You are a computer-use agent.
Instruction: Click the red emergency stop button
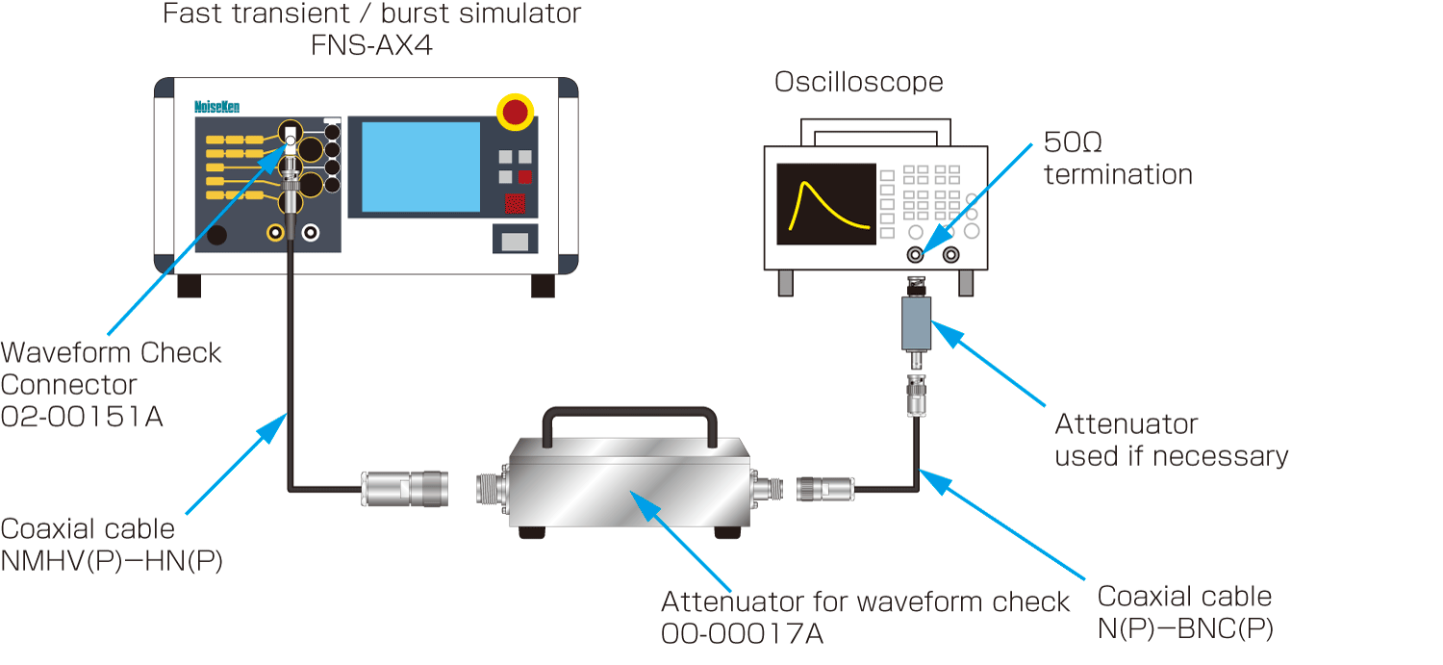click(x=517, y=112)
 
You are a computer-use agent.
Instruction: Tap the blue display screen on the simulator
click(x=414, y=166)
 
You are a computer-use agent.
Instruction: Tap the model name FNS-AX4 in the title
click(x=371, y=44)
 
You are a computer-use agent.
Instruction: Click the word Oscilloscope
click(x=859, y=82)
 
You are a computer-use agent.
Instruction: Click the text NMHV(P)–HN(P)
click(x=112, y=561)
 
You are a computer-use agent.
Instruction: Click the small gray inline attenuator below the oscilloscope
click(x=916, y=322)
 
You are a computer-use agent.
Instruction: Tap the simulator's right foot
click(x=544, y=286)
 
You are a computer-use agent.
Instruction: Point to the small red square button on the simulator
click(x=525, y=177)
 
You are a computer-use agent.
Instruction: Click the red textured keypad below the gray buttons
click(x=516, y=204)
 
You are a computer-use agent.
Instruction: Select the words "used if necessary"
click(x=1171, y=455)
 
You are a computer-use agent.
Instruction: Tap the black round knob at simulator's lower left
click(x=218, y=236)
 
